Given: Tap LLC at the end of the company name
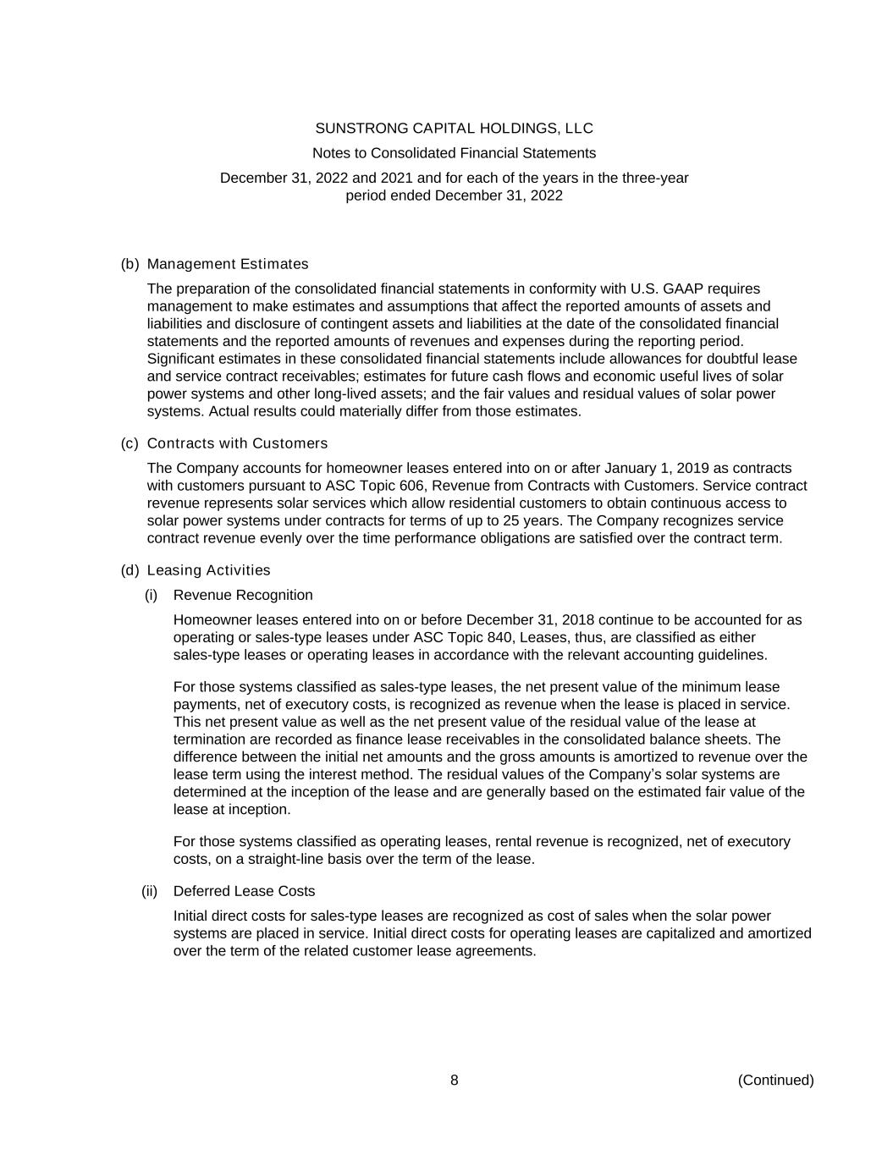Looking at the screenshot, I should [578, 129].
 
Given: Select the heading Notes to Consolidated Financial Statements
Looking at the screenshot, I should [454, 153].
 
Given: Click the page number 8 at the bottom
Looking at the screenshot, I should [455, 1080].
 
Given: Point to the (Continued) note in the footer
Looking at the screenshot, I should [775, 1080].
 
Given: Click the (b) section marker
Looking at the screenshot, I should [130, 264].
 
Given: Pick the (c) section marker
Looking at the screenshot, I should [130, 443].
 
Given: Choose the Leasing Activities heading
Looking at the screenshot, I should [208, 570].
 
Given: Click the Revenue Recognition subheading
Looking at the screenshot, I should [243, 595].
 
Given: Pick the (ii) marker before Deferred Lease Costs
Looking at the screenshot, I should [150, 891].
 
